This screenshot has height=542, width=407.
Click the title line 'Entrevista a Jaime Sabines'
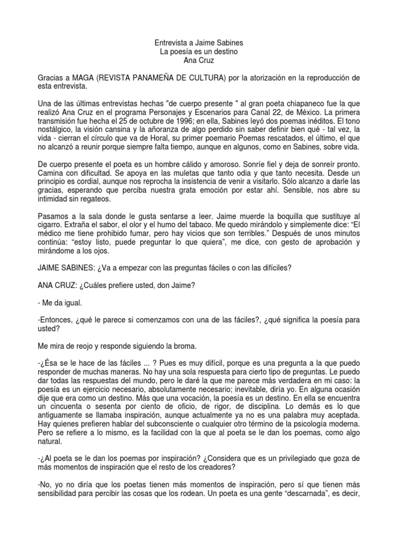[203, 42]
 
